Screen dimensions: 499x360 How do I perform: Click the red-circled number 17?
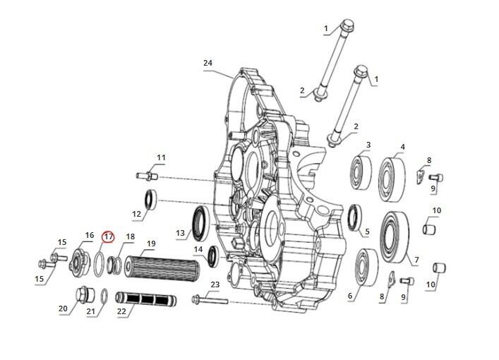[x=108, y=236]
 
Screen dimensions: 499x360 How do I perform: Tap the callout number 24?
[x=208, y=63]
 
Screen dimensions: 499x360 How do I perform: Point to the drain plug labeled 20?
[x=84, y=294]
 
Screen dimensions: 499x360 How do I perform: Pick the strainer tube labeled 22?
[x=146, y=299]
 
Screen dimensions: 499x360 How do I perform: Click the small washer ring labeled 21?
[x=104, y=296]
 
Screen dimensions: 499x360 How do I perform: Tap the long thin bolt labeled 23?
[x=210, y=299]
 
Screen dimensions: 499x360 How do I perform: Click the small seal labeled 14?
[x=213, y=256]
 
